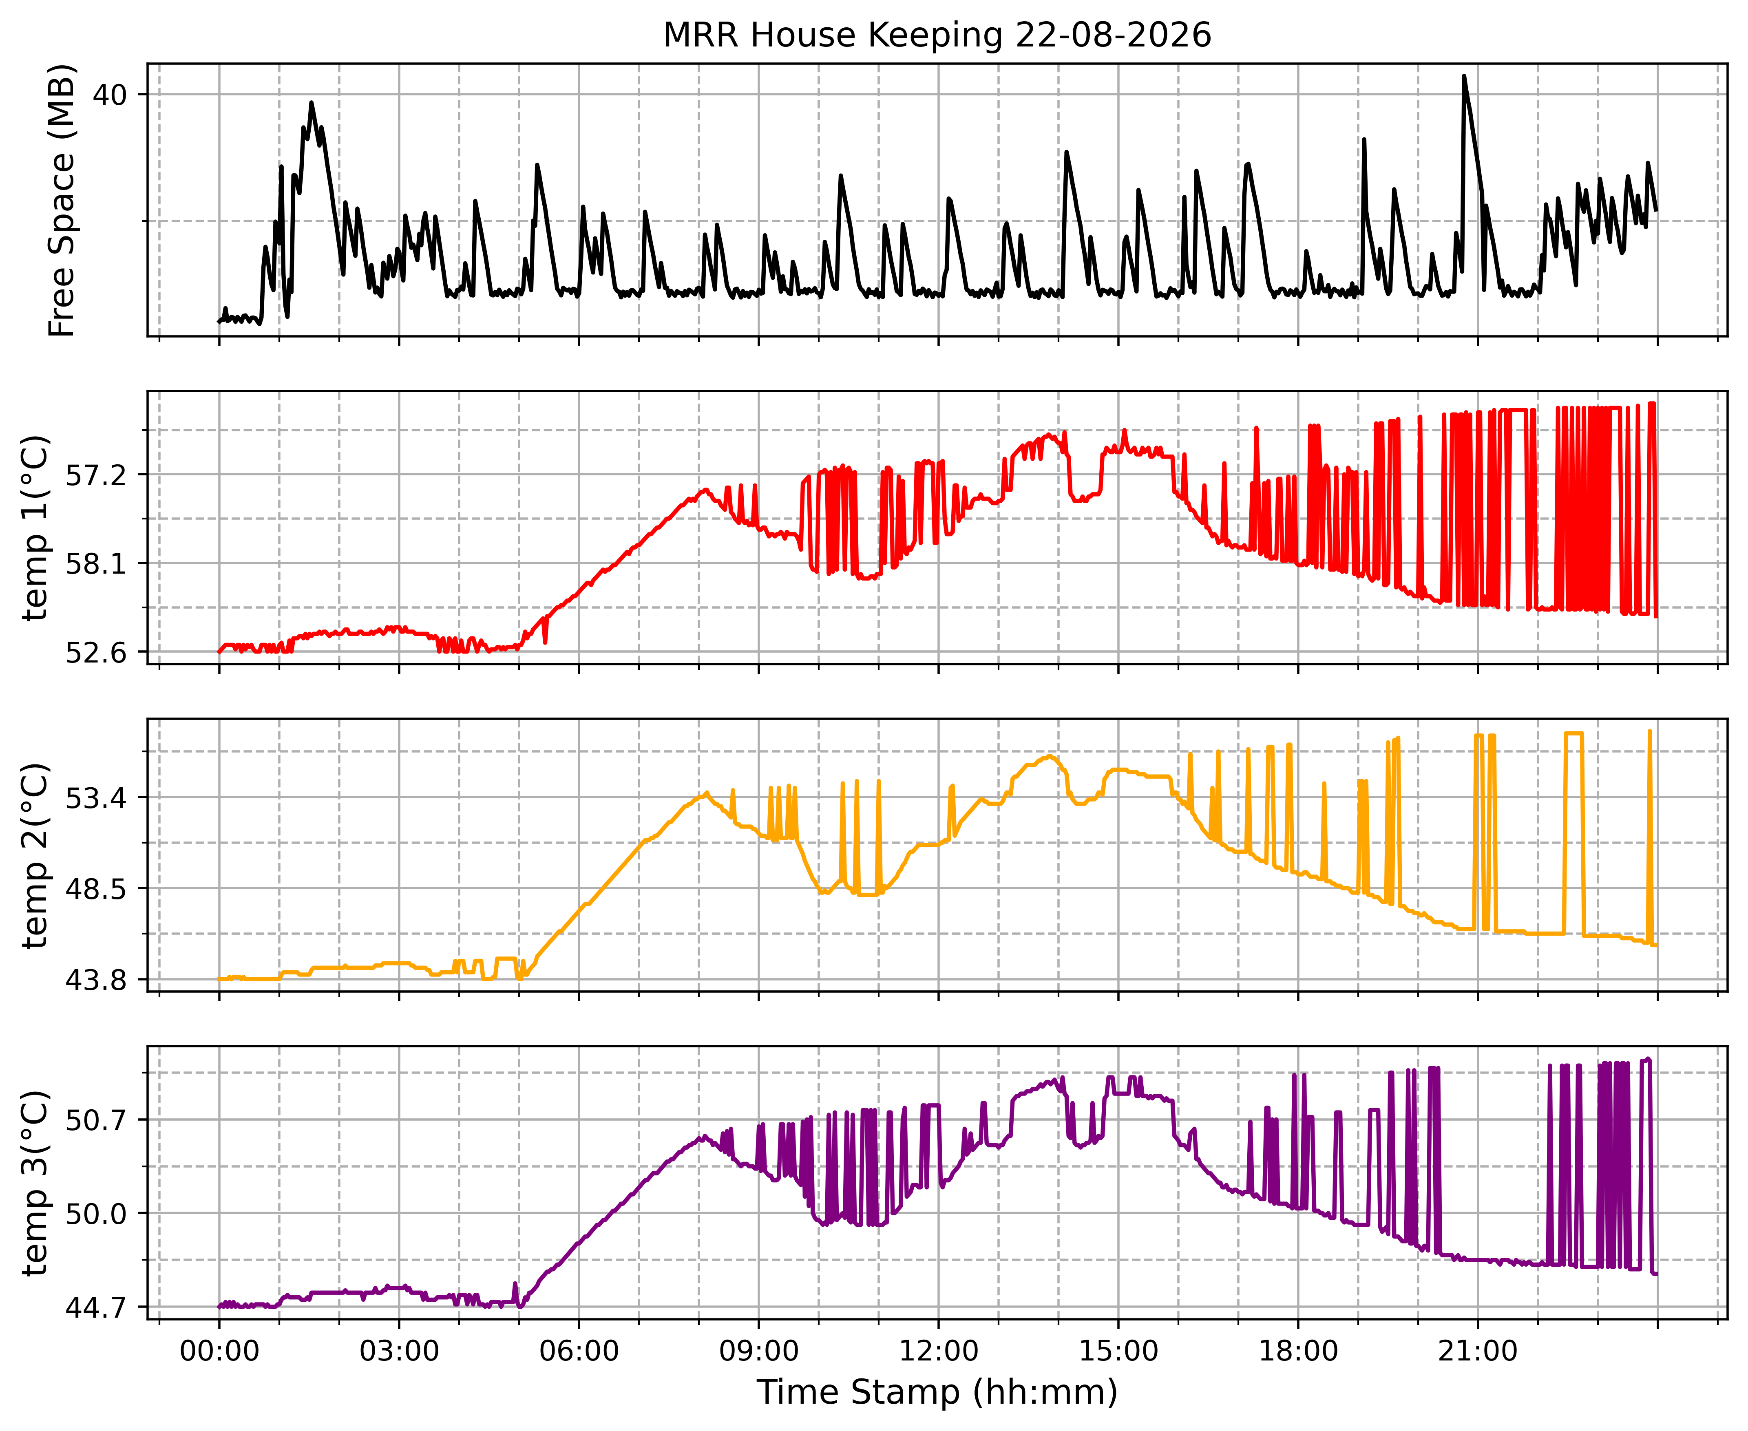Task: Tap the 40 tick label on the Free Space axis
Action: [110, 95]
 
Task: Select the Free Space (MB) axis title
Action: [62, 200]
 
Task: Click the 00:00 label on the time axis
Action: [219, 1352]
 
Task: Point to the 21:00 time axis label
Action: [1478, 1352]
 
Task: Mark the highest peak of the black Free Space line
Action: [1464, 76]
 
